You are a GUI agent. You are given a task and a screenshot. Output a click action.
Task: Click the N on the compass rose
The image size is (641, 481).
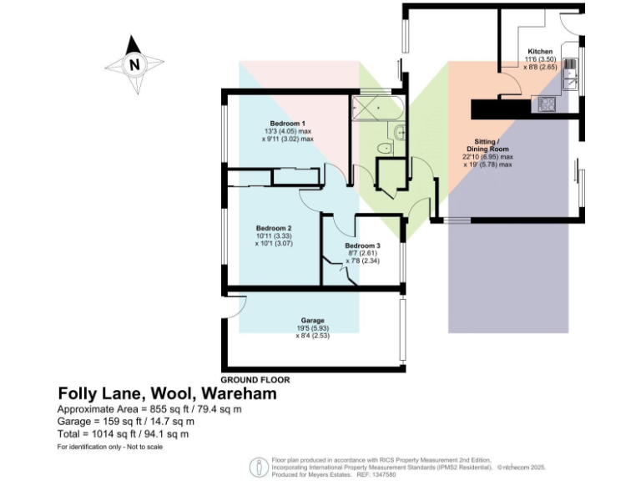[134, 63]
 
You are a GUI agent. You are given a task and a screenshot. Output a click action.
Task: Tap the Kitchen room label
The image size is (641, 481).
[534, 51]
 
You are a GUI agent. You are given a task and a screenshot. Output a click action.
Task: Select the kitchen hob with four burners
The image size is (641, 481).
[548, 104]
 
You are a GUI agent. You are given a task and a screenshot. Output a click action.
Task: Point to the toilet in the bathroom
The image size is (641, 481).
[385, 149]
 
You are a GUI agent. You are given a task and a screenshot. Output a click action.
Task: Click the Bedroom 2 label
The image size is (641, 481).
[273, 228]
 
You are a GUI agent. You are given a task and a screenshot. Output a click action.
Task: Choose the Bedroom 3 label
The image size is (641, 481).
[362, 246]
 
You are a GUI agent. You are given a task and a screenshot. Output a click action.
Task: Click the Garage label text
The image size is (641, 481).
[312, 321]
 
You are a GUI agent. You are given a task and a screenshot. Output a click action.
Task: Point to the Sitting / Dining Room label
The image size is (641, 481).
[487, 144]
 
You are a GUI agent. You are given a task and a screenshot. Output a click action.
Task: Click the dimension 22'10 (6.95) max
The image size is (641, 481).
[487, 156]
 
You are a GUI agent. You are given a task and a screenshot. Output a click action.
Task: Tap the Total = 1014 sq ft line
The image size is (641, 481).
[123, 433]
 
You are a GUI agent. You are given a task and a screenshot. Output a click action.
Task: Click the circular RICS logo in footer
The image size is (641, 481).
[257, 466]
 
